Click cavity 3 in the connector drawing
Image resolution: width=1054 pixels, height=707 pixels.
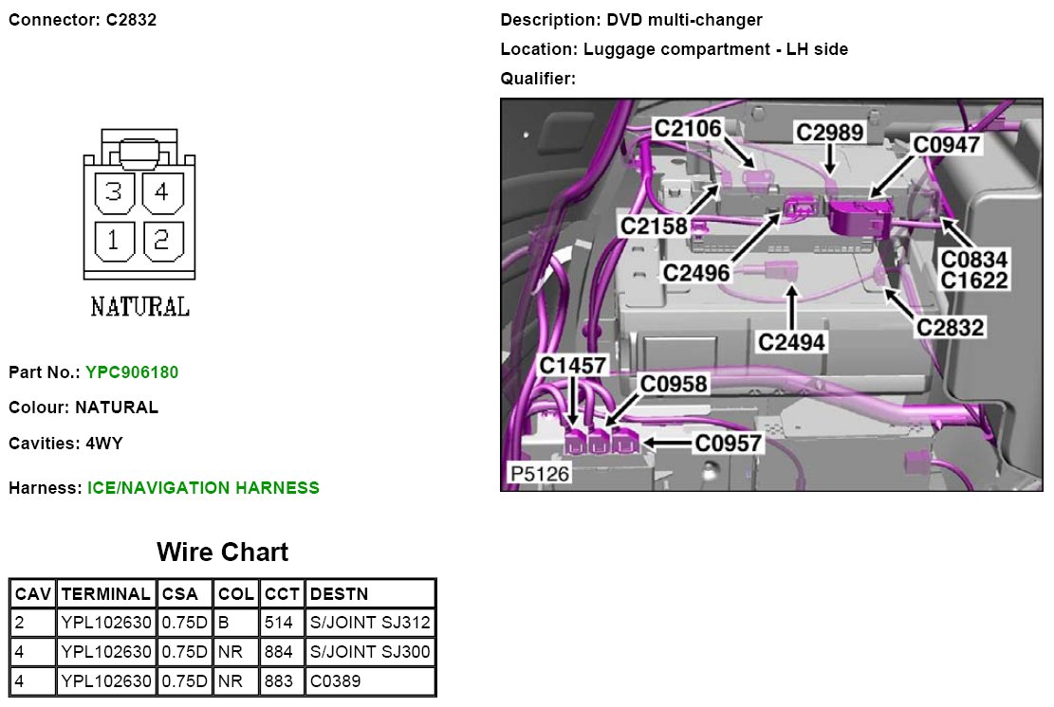114,193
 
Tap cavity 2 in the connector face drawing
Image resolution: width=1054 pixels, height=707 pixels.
161,241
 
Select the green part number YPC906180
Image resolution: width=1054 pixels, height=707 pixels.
132,372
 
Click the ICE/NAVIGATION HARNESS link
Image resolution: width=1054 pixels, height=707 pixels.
203,488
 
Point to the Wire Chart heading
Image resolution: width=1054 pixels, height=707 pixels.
222,552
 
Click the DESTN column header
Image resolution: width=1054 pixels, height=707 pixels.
339,594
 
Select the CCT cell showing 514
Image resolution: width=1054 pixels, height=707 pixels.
281,623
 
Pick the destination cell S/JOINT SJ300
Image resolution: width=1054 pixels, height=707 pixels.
370,652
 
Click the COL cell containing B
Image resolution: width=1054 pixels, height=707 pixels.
224,623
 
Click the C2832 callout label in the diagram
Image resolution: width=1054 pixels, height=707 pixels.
950,327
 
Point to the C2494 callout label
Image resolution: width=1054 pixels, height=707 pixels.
791,340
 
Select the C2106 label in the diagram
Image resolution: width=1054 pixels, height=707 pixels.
688,128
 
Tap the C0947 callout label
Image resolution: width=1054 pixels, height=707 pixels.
946,144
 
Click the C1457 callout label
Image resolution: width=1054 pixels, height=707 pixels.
573,366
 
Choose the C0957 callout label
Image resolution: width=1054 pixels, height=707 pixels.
729,443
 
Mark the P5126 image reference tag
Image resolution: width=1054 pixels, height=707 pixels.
540,473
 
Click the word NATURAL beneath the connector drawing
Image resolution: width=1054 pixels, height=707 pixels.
139,306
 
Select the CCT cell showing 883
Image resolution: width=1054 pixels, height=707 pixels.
281,680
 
